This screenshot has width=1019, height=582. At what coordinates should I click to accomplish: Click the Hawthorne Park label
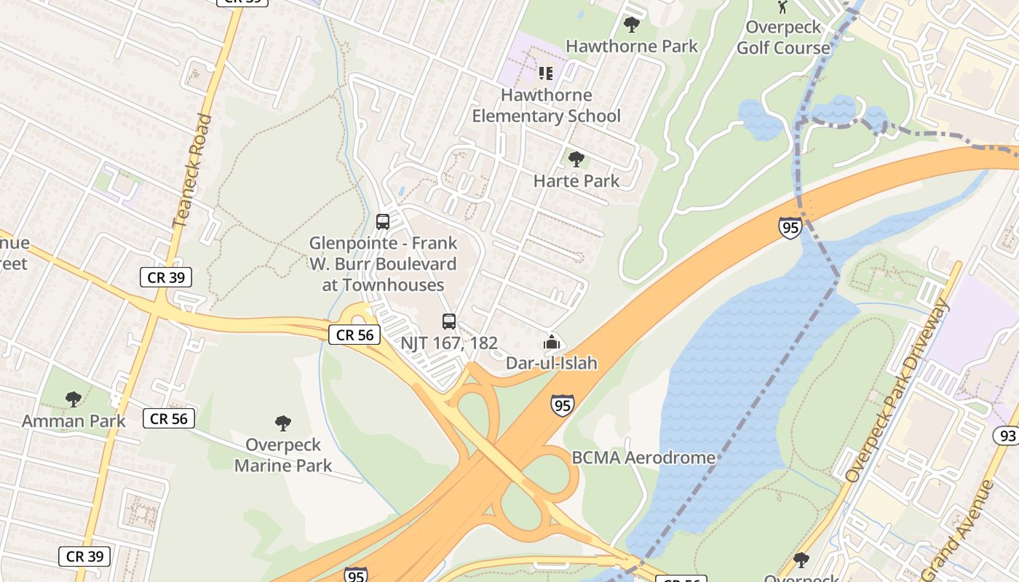631,46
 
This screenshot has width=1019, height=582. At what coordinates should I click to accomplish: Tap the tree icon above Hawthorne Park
631,25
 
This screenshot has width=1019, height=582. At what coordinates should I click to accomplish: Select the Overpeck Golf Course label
783,38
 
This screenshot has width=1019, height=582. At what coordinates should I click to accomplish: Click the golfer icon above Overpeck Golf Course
782,7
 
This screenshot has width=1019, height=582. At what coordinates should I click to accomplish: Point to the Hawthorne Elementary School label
546,105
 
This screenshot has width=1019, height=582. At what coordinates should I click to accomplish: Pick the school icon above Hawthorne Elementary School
546,73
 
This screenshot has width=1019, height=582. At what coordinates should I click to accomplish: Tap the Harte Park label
576,180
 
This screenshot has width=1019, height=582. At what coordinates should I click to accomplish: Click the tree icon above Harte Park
576,159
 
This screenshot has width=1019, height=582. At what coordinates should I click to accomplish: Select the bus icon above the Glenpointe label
383,222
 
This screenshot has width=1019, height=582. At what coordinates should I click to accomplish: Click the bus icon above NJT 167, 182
449,321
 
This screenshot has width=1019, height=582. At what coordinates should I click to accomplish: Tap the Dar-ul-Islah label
552,362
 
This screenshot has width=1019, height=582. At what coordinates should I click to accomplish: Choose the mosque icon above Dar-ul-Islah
552,341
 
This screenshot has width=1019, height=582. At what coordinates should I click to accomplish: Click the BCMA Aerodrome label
643,458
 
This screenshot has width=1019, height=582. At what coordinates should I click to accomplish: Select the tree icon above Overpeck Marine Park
283,423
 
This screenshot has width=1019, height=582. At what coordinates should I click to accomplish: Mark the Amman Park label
74,420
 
